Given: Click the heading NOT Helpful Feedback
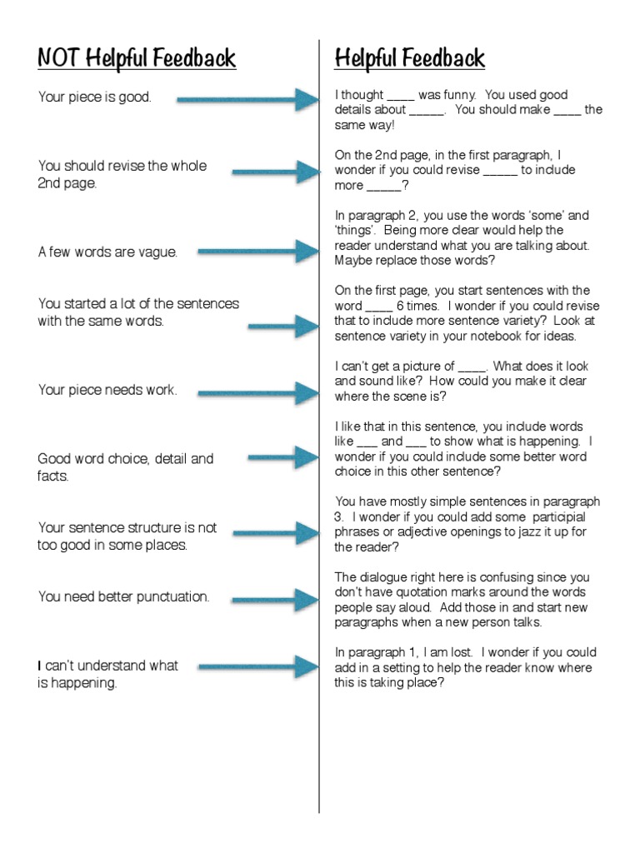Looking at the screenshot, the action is pyautogui.click(x=137, y=58).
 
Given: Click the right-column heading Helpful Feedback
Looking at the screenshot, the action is pyautogui.click(x=409, y=58).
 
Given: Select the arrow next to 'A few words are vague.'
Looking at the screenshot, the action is pyautogui.click(x=258, y=251).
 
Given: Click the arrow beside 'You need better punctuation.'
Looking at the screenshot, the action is pyautogui.click(x=275, y=600).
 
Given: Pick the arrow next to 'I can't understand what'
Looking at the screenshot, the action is pyautogui.click(x=258, y=667).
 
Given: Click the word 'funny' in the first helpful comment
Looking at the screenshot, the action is pyautogui.click(x=456, y=95).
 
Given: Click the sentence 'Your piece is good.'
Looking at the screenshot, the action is pyautogui.click(x=95, y=97).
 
